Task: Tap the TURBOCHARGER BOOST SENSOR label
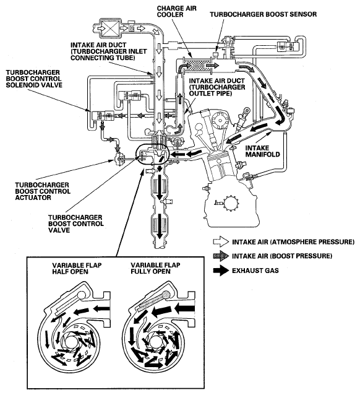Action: click(x=264, y=14)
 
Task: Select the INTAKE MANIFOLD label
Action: click(x=262, y=151)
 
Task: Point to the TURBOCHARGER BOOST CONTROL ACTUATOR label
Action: click(x=43, y=191)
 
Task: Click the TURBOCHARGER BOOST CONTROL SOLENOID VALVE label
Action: click(x=34, y=79)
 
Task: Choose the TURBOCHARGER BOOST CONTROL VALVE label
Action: click(x=76, y=224)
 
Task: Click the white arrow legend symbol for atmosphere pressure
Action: click(x=221, y=241)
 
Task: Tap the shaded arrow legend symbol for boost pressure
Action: click(x=221, y=256)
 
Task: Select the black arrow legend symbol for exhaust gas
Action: click(x=221, y=271)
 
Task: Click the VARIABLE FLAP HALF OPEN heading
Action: click(x=77, y=269)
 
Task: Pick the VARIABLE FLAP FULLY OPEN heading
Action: click(x=155, y=268)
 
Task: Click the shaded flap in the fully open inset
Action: click(x=152, y=302)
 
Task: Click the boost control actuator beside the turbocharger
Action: click(x=119, y=158)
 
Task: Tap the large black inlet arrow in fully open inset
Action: click(x=184, y=308)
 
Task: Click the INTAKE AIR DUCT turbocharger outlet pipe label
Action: click(x=216, y=87)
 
